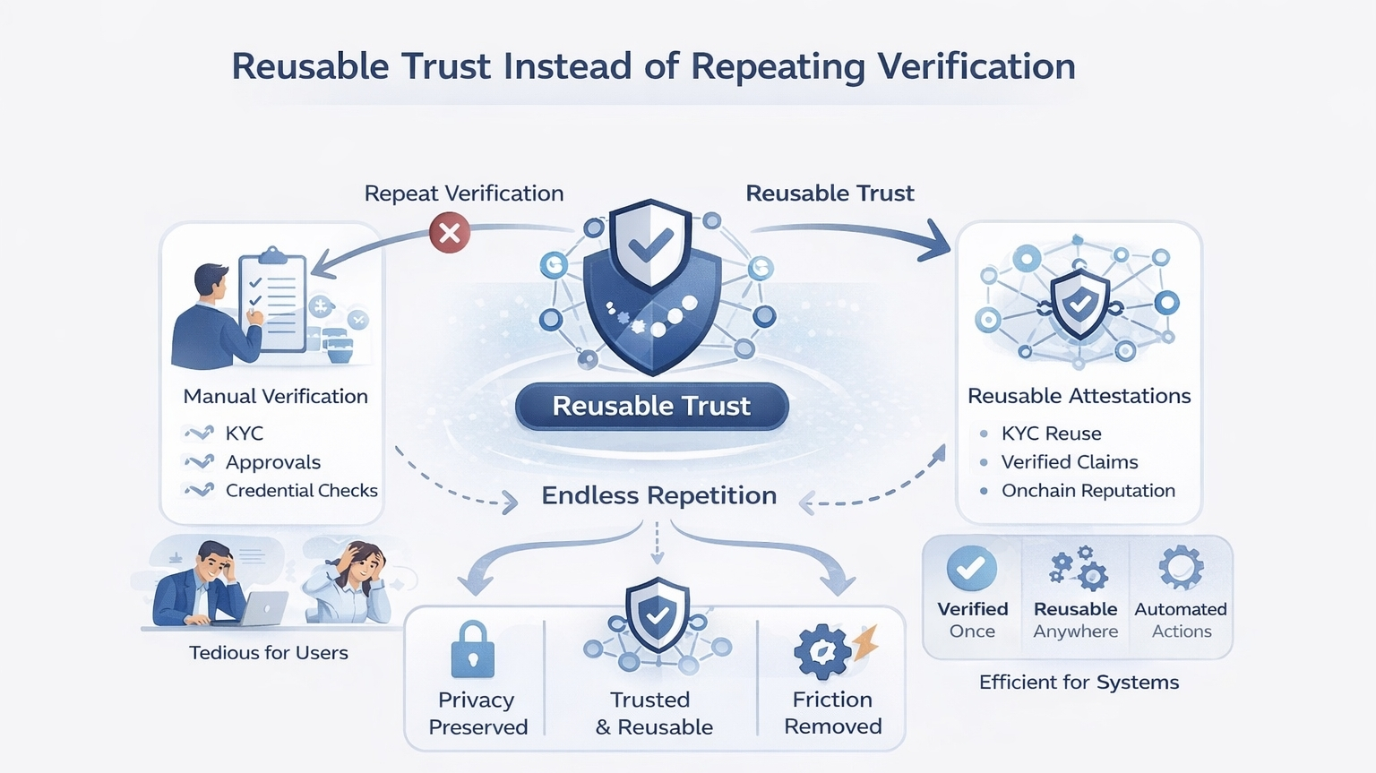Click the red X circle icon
(450, 233)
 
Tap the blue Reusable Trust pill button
(651, 406)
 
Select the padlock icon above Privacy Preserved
(473, 649)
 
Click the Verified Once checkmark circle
(972, 568)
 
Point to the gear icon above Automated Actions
(1181, 567)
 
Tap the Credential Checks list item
(301, 491)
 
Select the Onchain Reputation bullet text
(1088, 491)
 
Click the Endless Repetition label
(658, 495)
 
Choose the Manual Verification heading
(275, 396)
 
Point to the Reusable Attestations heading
(1079, 396)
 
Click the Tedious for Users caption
(269, 653)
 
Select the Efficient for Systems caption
(1079, 683)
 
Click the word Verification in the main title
(976, 67)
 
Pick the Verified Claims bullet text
(1070, 462)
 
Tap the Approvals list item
(272, 462)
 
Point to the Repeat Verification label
(464, 193)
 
